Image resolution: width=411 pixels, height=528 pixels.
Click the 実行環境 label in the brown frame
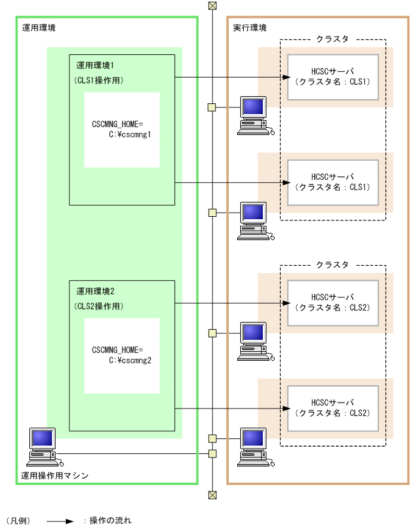pyautogui.click(x=250, y=28)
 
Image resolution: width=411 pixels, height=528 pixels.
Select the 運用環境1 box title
pyautogui.click(x=99, y=65)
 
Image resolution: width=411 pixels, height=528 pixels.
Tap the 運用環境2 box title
pyautogui.click(x=99, y=291)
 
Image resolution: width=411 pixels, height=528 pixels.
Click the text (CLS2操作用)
pyautogui.click(x=99, y=306)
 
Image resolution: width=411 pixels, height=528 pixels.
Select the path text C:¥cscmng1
pyautogui.click(x=129, y=134)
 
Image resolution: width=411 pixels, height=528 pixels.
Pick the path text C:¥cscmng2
pyautogui.click(x=129, y=361)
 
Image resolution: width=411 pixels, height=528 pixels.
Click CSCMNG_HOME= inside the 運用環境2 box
pyautogui.click(x=118, y=349)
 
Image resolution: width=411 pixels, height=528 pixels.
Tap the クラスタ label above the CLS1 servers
pyautogui.click(x=332, y=39)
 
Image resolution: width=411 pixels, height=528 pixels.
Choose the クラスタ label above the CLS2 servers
pyautogui.click(x=332, y=265)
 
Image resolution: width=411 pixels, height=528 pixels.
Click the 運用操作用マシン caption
pyautogui.click(x=55, y=475)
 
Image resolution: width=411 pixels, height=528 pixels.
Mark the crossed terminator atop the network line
pyautogui.click(x=211, y=6)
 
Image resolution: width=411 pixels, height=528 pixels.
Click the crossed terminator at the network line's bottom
pyautogui.click(x=211, y=495)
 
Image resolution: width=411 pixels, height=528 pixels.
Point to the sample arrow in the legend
pyautogui.click(x=60, y=521)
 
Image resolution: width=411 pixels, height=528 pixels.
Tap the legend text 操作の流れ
pyautogui.click(x=111, y=521)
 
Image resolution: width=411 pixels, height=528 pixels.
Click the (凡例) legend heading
pyautogui.click(x=18, y=521)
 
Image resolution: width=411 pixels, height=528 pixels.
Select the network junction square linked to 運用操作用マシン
pyautogui.click(x=211, y=453)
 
